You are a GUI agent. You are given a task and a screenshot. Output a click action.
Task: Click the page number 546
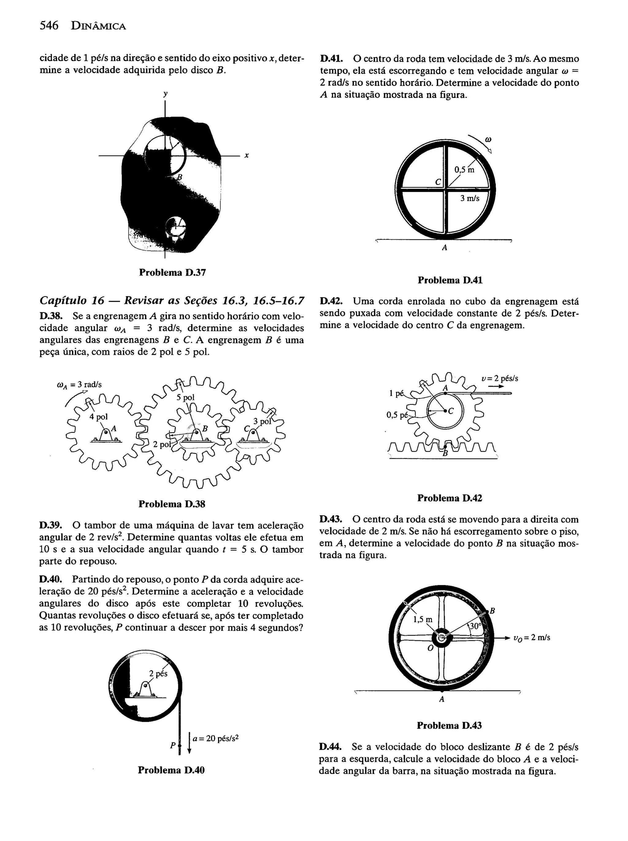click(49, 26)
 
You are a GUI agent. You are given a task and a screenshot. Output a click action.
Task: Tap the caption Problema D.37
click(172, 272)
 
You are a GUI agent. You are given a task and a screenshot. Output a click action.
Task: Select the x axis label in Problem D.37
click(247, 156)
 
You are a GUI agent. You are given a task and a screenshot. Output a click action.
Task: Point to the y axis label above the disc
click(165, 94)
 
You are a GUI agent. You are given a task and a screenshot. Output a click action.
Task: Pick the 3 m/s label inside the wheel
click(469, 198)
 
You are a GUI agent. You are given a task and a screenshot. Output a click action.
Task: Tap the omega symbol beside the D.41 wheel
click(488, 140)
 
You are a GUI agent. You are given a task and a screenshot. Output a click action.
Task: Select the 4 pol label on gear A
click(98, 417)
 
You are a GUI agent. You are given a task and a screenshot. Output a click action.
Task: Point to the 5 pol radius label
click(186, 398)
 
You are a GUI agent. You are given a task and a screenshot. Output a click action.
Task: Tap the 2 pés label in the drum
click(158, 674)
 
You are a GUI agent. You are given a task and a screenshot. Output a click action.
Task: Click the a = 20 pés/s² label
click(215, 738)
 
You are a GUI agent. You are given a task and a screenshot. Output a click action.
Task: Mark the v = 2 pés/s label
click(499, 379)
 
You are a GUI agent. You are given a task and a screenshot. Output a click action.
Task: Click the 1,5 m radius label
click(423, 620)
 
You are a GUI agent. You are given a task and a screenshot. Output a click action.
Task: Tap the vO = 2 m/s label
click(531, 638)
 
